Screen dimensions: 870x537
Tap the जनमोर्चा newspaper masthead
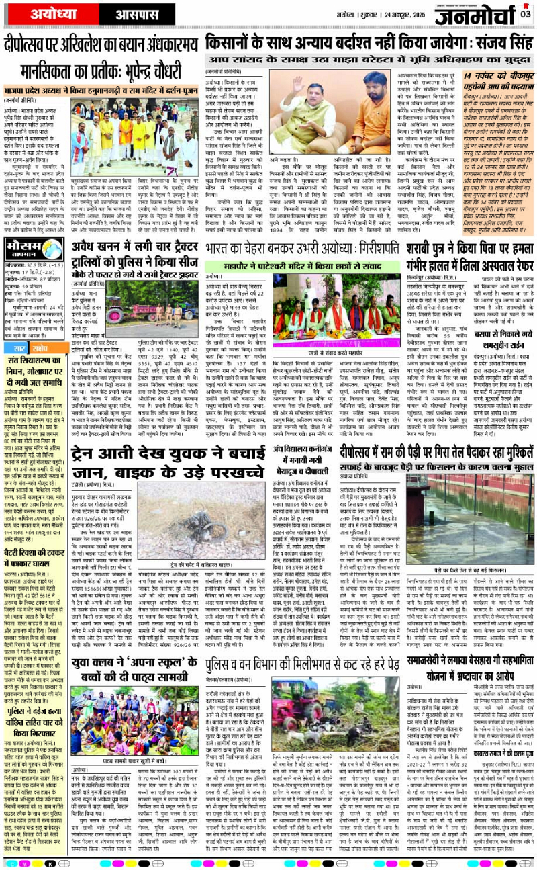tap(477, 15)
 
